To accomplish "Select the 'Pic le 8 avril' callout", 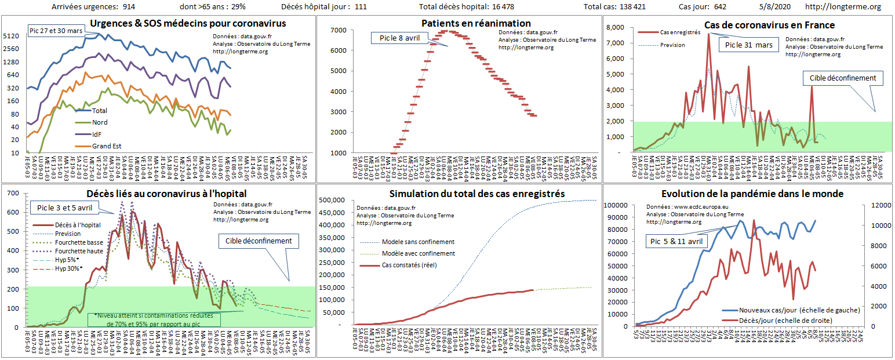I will pyautogui.click(x=399, y=38).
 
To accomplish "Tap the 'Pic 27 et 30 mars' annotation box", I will pyautogui.click(x=56, y=31).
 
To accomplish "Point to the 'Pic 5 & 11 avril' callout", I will pyautogui.click(x=675, y=241).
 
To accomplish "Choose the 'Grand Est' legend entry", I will pyautogui.click(x=107, y=146).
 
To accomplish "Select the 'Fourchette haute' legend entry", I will pyautogui.click(x=79, y=251).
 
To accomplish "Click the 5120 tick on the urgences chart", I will pyautogui.click(x=12, y=36).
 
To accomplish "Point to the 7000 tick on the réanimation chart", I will pyautogui.click(x=339, y=30).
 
